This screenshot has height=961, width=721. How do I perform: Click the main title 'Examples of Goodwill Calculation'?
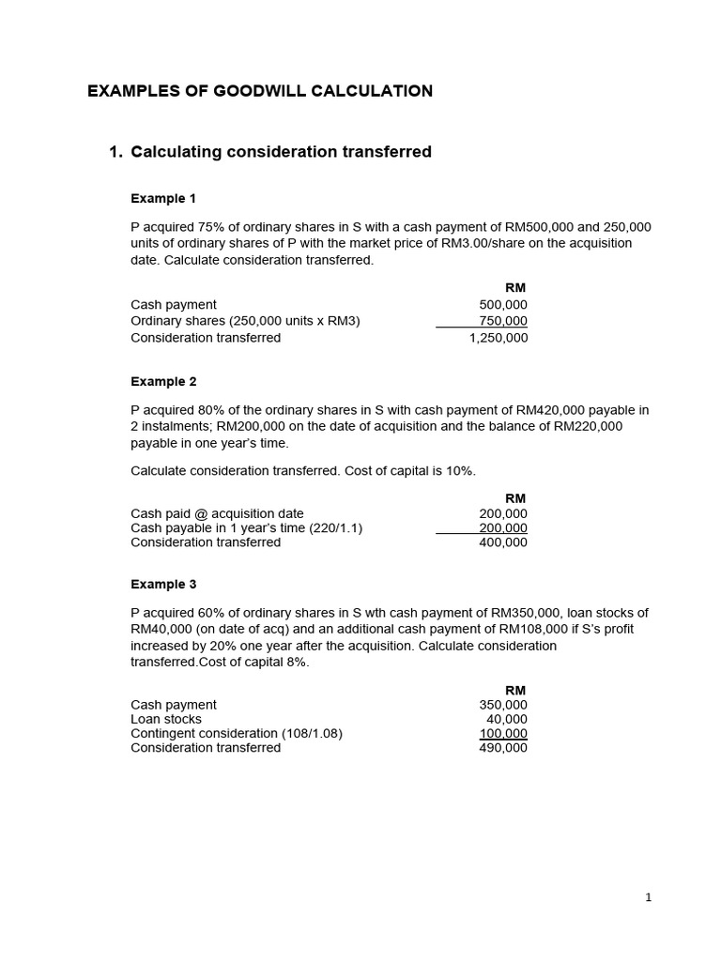(260, 91)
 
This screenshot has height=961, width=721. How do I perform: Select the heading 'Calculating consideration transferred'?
(281, 152)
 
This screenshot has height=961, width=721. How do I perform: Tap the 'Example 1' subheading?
(163, 199)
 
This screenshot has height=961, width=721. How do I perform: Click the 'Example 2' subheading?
(163, 382)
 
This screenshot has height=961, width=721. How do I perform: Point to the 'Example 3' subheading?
(163, 585)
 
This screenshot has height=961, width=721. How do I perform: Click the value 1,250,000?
(499, 338)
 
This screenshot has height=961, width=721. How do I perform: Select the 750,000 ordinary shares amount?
(503, 321)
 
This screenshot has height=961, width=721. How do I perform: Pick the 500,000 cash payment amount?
(503, 305)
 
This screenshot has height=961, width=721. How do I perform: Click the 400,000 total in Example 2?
(503, 542)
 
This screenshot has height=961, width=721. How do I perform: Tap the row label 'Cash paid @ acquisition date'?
(217, 513)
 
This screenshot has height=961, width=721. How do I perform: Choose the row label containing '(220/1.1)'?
(246, 528)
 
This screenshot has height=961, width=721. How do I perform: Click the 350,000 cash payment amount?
(503, 705)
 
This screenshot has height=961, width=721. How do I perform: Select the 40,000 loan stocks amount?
(507, 719)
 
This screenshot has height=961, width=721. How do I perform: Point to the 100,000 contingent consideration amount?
(503, 734)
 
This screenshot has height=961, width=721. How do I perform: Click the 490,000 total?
(503, 748)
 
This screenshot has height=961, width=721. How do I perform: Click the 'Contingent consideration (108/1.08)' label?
(237, 734)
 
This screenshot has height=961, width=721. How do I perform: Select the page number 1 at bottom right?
(648, 898)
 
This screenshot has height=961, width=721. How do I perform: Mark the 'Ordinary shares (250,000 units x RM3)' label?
(245, 321)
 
